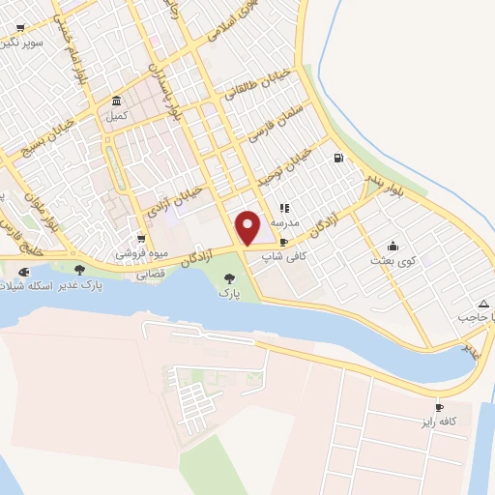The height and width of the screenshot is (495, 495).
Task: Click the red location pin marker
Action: tap(248, 227)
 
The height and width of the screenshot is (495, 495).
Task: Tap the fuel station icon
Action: tap(337, 159)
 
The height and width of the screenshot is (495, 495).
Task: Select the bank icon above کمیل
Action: tap(115, 102)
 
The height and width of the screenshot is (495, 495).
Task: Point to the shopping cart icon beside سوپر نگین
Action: tap(19, 28)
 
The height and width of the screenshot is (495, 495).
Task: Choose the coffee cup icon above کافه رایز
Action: tap(440, 408)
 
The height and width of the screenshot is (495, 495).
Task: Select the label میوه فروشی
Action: tap(141, 254)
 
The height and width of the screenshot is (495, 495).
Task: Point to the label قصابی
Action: tap(149, 274)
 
